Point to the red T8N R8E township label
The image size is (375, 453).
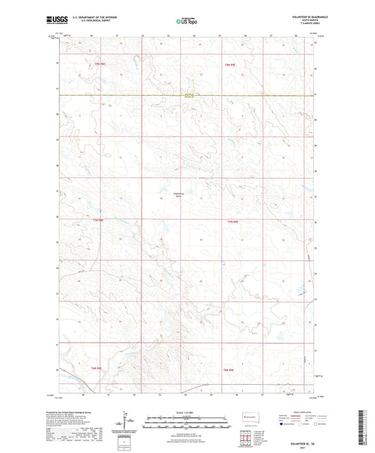[x=99, y=65]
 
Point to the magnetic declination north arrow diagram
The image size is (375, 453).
[x=131, y=425]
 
